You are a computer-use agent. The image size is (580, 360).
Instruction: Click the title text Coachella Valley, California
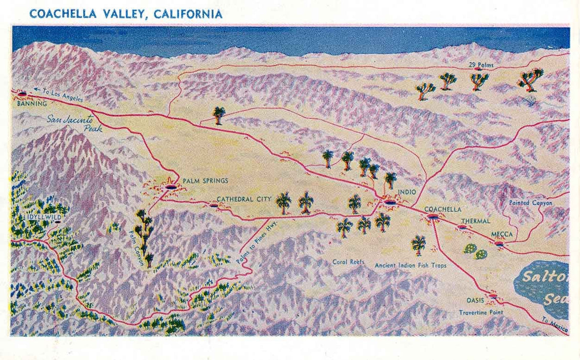(126, 14)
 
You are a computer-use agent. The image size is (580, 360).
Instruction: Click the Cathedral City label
(244, 199)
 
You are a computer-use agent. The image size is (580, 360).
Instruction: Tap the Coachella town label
(442, 209)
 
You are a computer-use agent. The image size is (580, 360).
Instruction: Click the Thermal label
(475, 221)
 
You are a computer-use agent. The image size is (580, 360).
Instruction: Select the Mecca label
(502, 234)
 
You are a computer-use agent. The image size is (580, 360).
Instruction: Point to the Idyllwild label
(43, 217)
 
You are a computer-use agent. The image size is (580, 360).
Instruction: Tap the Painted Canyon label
(530, 203)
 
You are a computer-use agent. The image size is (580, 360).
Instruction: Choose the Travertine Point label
(481, 313)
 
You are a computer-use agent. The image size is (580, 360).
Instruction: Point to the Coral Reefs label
(349, 262)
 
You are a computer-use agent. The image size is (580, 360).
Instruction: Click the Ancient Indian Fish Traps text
(410, 265)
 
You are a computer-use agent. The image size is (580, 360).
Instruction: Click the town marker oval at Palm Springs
(171, 186)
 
